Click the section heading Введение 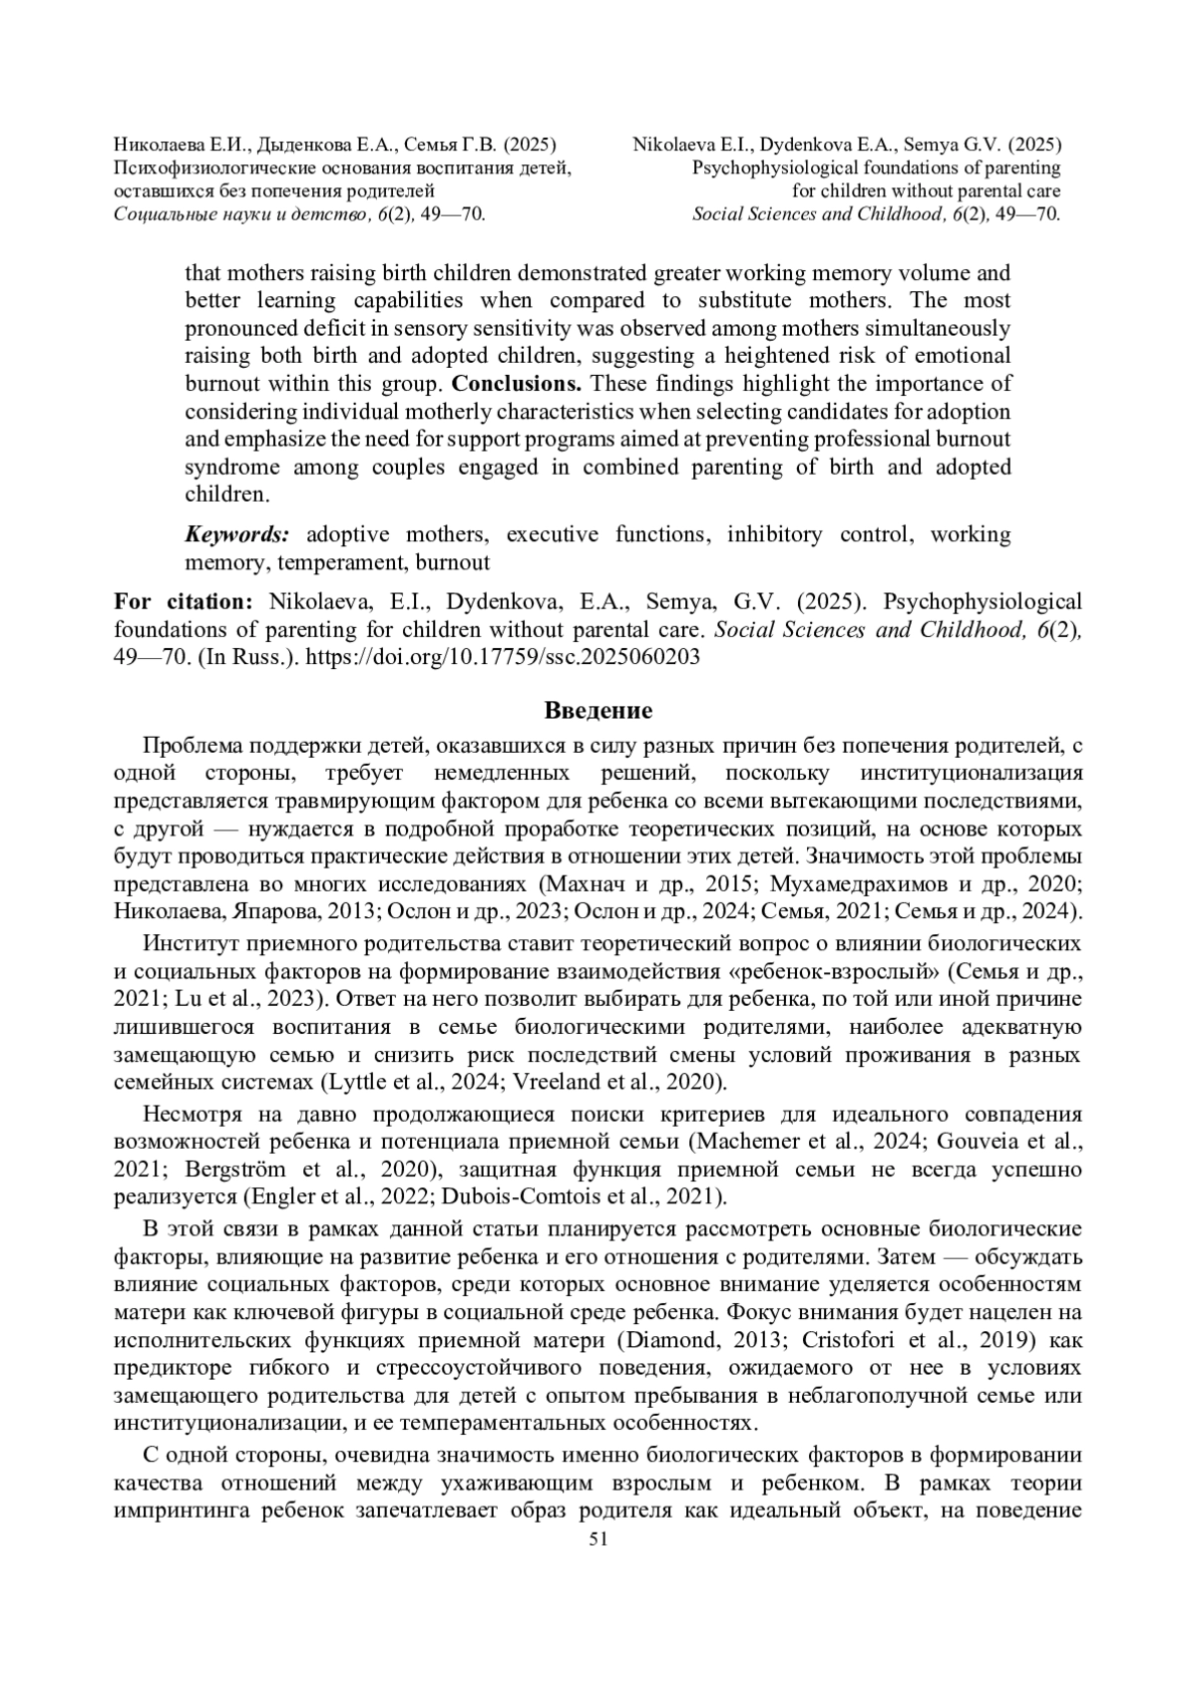[x=598, y=711]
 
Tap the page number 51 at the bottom [x=598, y=1566]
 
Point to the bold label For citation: [x=184, y=601]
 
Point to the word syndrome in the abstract [x=231, y=468]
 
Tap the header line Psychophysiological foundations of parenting [x=876, y=168]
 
